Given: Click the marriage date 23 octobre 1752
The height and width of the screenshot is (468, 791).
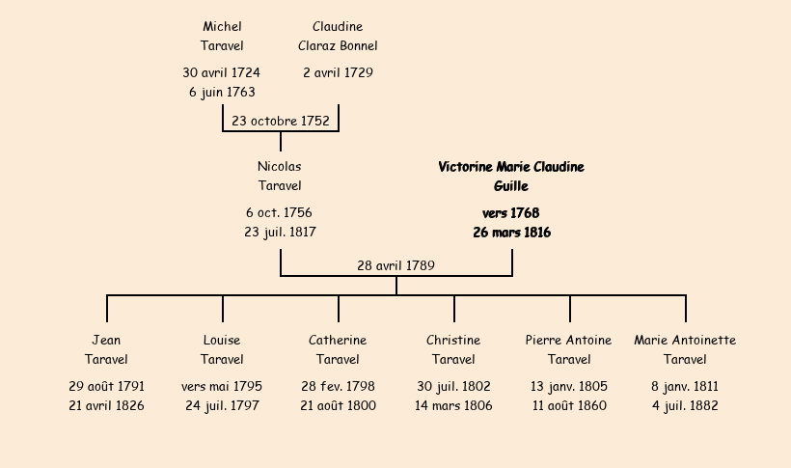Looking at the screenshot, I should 281,122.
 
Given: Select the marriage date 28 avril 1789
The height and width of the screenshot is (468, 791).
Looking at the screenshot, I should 395,265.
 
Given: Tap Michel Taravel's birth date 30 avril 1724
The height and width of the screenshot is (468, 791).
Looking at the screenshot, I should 222,72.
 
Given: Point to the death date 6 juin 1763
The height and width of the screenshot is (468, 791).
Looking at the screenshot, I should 222,93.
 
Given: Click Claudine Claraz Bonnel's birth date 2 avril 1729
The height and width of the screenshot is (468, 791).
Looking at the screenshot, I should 338,72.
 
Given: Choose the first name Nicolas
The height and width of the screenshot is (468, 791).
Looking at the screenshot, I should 280,167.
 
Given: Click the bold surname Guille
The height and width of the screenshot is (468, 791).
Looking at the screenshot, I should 511,186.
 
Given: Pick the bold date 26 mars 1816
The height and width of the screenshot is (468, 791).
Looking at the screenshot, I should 511,233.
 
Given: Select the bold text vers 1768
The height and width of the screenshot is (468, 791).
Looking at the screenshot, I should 511,213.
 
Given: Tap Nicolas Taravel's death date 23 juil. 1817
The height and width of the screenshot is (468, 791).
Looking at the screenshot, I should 280,233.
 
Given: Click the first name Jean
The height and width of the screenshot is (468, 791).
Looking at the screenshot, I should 106,341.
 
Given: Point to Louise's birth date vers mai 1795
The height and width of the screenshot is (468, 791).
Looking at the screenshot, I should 222,387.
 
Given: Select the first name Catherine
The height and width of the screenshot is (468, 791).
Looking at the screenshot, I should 338,341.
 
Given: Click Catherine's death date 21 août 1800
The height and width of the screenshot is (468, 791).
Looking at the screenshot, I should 338,406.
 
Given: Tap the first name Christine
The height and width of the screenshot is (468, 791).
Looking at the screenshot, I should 453,341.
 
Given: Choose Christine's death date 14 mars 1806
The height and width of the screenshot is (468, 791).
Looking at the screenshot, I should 453,406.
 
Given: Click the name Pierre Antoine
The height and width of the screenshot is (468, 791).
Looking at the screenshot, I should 569,341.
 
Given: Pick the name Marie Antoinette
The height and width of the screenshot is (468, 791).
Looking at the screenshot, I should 685,341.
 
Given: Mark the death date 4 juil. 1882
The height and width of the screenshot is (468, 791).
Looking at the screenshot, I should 685,406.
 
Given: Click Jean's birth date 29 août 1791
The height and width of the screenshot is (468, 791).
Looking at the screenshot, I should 106,387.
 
